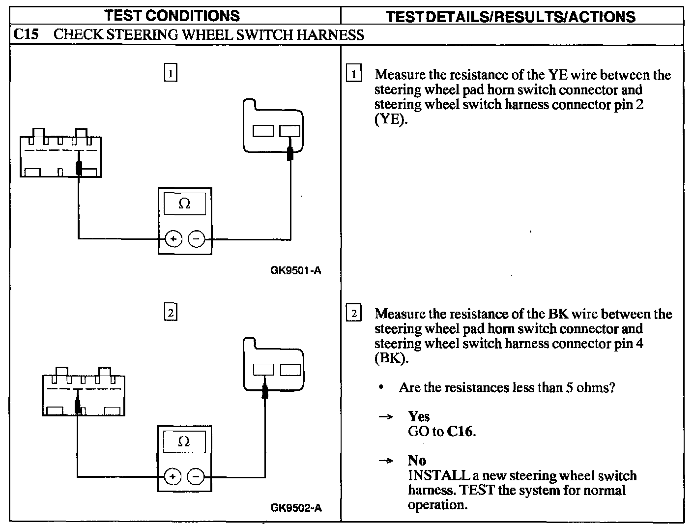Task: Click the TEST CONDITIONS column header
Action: point(172,15)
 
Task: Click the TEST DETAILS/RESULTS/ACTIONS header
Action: point(511,17)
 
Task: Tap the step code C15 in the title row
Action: point(26,34)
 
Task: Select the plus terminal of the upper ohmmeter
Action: point(173,239)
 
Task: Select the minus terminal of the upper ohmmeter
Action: point(197,239)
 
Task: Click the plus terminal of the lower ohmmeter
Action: point(173,476)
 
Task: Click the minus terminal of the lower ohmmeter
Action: point(196,476)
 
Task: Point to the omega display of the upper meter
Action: point(184,204)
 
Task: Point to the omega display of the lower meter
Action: point(184,441)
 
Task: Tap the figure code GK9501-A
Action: point(296,270)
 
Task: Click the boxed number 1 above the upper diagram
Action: point(170,73)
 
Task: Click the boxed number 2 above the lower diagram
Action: point(170,313)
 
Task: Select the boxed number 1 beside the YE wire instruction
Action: point(353,75)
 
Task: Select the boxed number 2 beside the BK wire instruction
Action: point(353,314)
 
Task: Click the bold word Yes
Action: point(419,416)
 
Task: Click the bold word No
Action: point(417,461)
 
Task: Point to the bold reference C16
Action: point(461,432)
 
